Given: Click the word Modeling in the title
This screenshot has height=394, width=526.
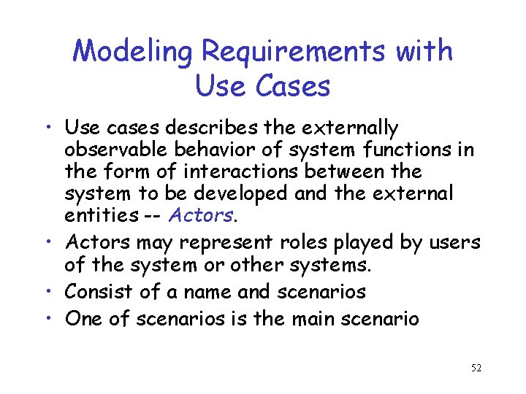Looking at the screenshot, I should [x=133, y=53].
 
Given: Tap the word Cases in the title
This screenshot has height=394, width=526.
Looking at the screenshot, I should [x=292, y=86].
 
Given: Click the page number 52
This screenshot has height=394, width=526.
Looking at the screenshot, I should [x=476, y=368].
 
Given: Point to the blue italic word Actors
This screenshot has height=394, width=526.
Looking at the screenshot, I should [x=200, y=215].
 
